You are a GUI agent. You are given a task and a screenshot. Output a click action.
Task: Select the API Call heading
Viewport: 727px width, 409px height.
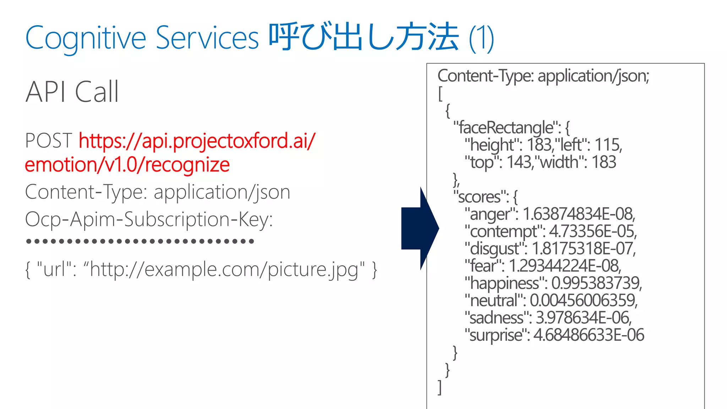(72, 92)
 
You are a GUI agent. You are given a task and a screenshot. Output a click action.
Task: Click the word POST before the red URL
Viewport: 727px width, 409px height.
(49, 141)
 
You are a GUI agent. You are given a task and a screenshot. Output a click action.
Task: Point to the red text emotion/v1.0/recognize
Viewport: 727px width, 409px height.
(127, 165)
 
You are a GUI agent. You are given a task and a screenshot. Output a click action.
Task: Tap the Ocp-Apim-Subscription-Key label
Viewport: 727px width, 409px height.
(149, 219)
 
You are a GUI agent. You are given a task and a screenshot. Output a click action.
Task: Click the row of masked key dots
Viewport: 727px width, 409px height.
(140, 241)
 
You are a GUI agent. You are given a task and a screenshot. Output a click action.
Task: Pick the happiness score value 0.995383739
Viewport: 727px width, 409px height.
(597, 283)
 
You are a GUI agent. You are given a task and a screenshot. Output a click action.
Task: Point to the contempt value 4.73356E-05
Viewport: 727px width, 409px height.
(593, 231)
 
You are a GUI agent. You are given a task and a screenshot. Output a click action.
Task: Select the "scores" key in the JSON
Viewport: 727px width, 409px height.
(480, 197)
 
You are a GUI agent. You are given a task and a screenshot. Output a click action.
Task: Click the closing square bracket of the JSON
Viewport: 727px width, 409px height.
(440, 387)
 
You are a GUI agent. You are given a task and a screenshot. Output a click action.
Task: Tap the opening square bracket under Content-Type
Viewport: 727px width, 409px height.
(440, 94)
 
